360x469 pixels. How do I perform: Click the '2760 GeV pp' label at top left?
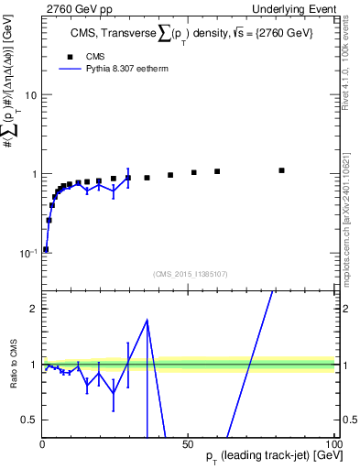pos(71,7)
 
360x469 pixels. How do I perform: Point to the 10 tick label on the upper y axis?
pos(30,95)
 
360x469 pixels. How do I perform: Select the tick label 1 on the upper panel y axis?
pos(34,174)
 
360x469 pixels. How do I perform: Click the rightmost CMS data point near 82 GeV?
pos(282,170)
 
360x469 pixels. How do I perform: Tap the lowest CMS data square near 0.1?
pos(46,249)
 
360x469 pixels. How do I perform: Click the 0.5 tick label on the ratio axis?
pos(28,420)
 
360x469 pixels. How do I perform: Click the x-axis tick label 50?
pos(188,444)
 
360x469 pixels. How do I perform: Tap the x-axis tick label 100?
pos(333,444)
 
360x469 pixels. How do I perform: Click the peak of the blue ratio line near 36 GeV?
pos(147,320)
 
